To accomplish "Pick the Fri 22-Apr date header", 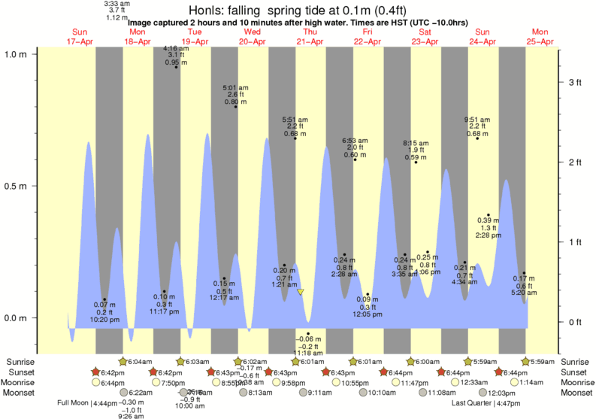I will (x=368, y=36).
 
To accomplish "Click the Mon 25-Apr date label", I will (x=540, y=36).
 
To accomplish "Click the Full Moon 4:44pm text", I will (x=86, y=402).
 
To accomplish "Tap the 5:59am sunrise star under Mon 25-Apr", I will (x=525, y=362).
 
